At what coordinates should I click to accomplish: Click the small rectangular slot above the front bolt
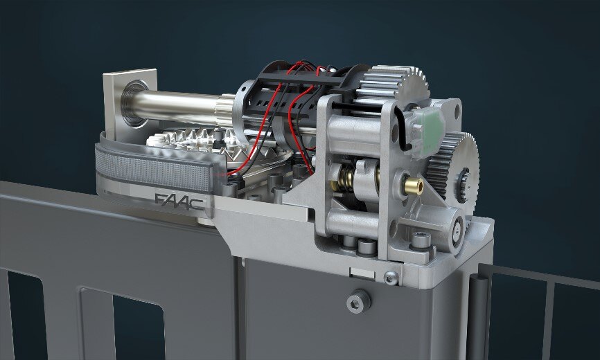pos(362,272)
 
